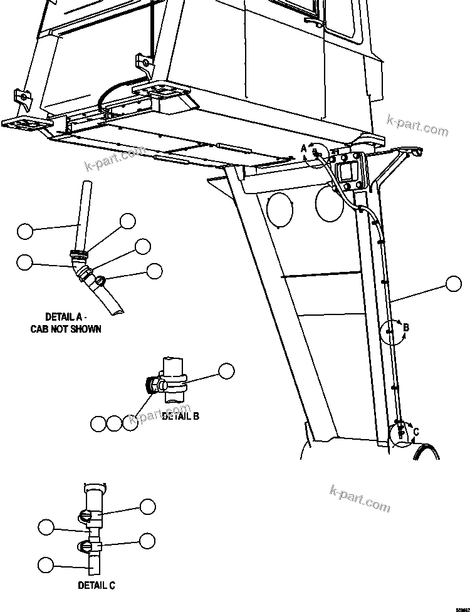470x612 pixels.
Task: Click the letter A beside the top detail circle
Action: [x=304, y=148]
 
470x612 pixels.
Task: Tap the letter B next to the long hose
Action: [x=406, y=327]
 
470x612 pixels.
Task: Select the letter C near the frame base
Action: [x=415, y=432]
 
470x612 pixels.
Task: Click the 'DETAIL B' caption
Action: [x=180, y=415]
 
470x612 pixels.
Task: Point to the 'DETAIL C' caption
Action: [x=97, y=586]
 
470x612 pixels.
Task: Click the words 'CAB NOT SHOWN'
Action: [x=66, y=329]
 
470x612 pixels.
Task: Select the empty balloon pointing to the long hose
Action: [x=454, y=284]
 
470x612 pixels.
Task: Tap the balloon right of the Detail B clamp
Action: [x=226, y=371]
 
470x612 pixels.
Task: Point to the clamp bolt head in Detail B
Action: [x=151, y=385]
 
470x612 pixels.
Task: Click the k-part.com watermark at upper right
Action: [x=417, y=125]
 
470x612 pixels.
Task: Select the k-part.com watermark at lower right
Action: [x=360, y=497]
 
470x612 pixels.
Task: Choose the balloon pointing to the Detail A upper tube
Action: [x=24, y=231]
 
